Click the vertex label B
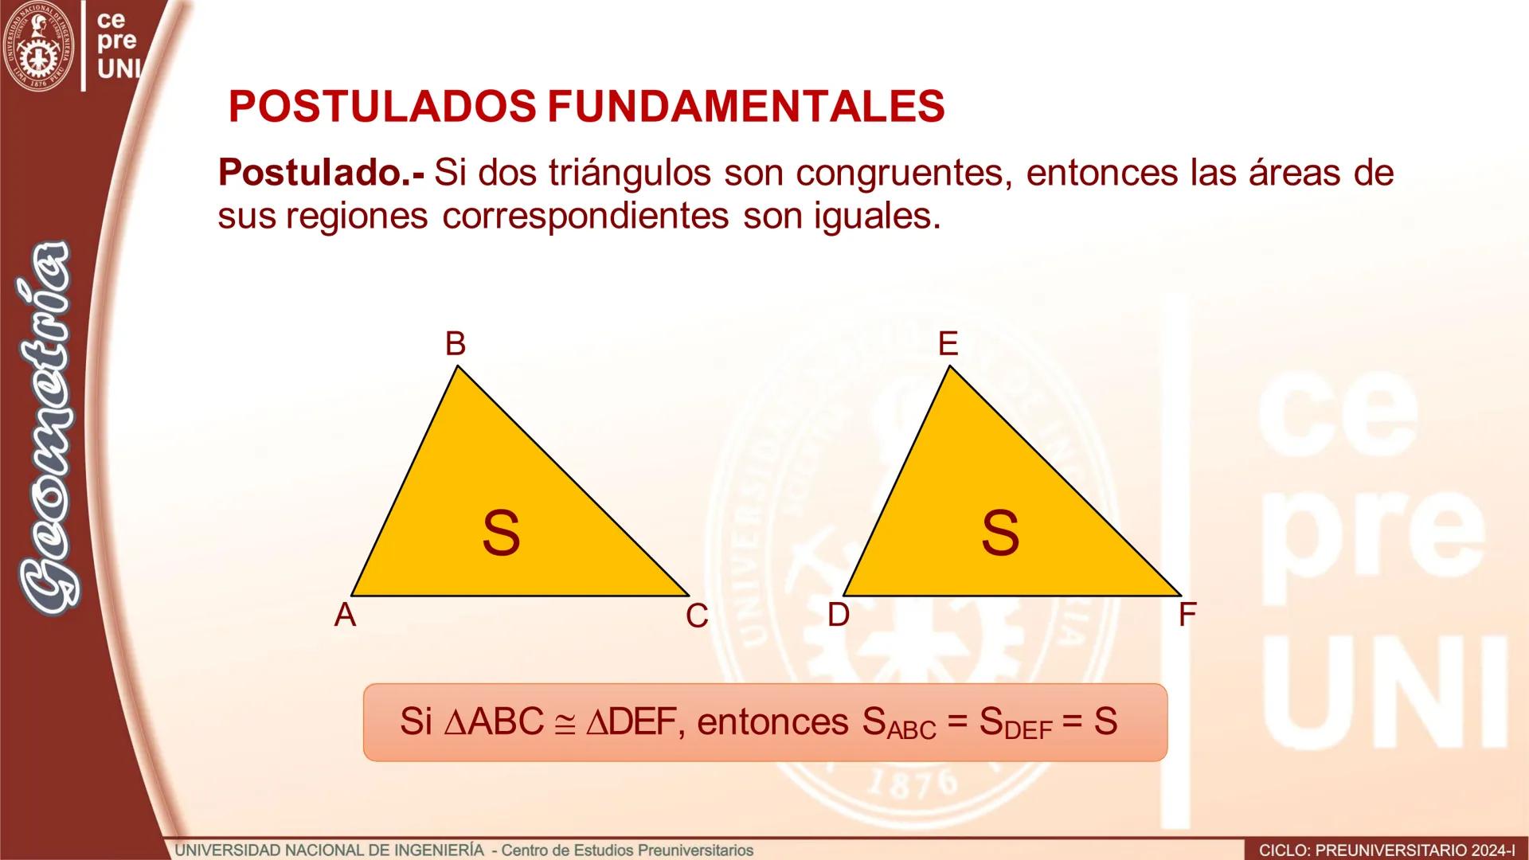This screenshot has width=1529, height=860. pyautogui.click(x=455, y=344)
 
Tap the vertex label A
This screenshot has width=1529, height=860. pyautogui.click(x=345, y=615)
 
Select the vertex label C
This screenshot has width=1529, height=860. pyautogui.click(x=697, y=616)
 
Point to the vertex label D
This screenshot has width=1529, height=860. pyautogui.click(x=839, y=615)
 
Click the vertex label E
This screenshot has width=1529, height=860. pyautogui.click(x=948, y=344)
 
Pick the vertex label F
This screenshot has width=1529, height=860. pyautogui.click(x=1187, y=615)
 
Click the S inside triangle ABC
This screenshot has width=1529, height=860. pyautogui.click(x=501, y=533)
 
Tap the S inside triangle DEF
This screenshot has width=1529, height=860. pyautogui.click(x=1000, y=533)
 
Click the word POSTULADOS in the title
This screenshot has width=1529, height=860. pyautogui.click(x=382, y=106)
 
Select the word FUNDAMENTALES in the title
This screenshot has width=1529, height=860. pyautogui.click(x=746, y=106)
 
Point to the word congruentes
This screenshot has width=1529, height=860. pyautogui.click(x=903, y=173)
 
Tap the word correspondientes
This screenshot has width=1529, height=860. pyautogui.click(x=585, y=215)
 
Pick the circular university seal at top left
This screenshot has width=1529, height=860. pyautogui.click(x=38, y=46)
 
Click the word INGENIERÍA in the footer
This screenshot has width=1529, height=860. pyautogui.click(x=442, y=850)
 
